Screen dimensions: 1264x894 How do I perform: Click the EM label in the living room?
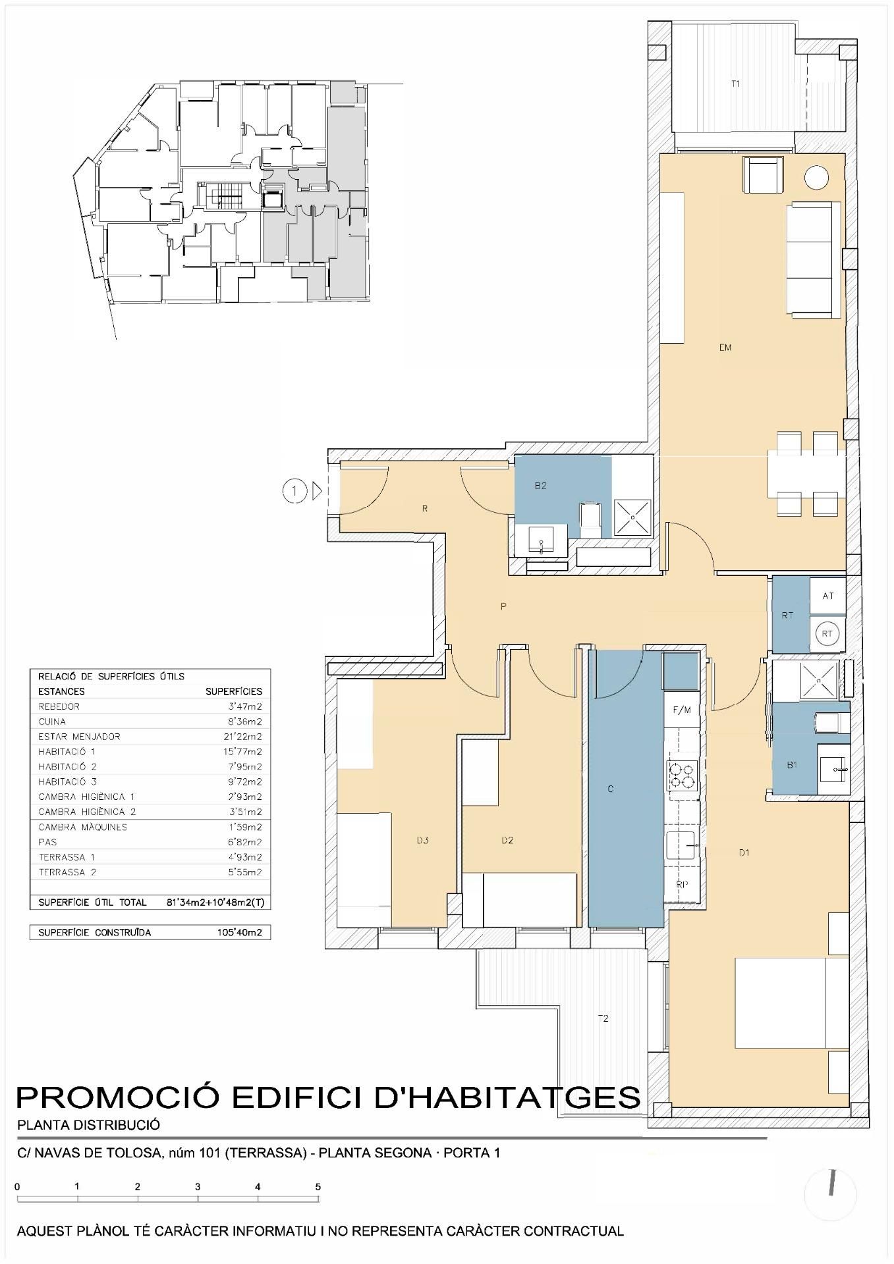[725, 348]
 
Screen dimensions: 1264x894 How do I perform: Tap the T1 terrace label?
[735, 84]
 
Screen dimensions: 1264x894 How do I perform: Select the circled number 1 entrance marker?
[295, 490]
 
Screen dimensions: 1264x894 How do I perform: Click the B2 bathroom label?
[540, 486]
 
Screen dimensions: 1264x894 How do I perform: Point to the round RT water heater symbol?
[827, 634]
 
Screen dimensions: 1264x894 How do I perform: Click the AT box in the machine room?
[828, 596]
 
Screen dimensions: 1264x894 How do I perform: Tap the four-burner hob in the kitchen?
[682, 775]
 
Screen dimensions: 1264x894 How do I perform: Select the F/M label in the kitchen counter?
[681, 710]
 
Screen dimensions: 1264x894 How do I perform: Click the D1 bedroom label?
[744, 853]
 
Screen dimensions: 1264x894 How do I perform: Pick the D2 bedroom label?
[507, 840]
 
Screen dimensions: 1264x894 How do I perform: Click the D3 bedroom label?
[423, 840]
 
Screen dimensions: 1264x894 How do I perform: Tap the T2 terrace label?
[603, 1018]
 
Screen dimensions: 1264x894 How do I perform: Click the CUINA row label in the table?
[52, 722]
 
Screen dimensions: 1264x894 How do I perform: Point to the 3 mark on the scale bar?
[198, 1187]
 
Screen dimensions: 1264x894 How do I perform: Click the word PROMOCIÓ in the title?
[117, 1097]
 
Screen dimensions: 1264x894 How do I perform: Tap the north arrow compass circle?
[831, 1194]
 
